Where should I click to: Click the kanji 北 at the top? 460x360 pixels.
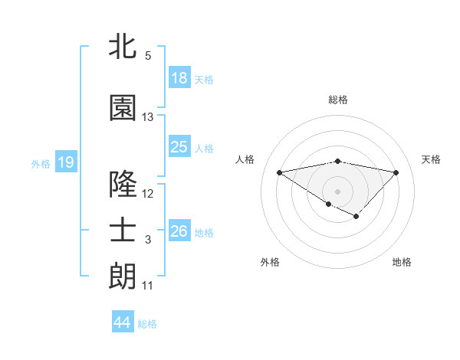pyautogui.click(x=123, y=47)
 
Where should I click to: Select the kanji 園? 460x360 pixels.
pyautogui.click(x=123, y=108)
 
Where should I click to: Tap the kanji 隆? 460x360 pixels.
pyautogui.click(x=123, y=185)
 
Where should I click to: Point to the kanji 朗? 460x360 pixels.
pyautogui.click(x=123, y=277)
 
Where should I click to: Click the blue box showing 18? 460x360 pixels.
pyautogui.click(x=179, y=78)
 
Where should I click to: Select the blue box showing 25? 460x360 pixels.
pyautogui.click(x=179, y=147)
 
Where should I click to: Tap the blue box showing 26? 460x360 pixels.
pyautogui.click(x=179, y=231)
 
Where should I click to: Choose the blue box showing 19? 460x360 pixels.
pyautogui.click(x=65, y=162)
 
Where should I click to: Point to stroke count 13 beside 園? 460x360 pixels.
pyautogui.click(x=148, y=117)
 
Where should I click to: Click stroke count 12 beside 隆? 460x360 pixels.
pyautogui.click(x=148, y=194)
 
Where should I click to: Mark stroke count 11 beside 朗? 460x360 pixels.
pyautogui.click(x=148, y=286)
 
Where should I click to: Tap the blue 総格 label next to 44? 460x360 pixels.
pyautogui.click(x=147, y=324)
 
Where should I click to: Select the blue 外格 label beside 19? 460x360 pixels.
pyautogui.click(x=40, y=163)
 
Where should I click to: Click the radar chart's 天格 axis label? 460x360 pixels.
pyautogui.click(x=432, y=159)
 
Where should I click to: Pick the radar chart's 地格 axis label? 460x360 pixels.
pyautogui.click(x=402, y=262)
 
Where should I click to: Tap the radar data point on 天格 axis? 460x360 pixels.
pyautogui.click(x=396, y=172)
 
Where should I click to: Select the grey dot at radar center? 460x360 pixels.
pyautogui.click(x=337, y=190)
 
